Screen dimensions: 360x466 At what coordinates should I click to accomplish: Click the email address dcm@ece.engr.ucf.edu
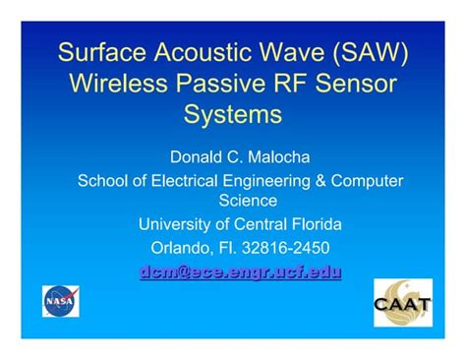(240, 272)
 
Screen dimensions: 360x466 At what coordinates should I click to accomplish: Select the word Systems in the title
(233, 114)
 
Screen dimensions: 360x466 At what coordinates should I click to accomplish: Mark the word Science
(241, 200)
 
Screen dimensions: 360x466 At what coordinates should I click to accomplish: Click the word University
(176, 223)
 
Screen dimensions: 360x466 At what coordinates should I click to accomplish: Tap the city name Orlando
(182, 248)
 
